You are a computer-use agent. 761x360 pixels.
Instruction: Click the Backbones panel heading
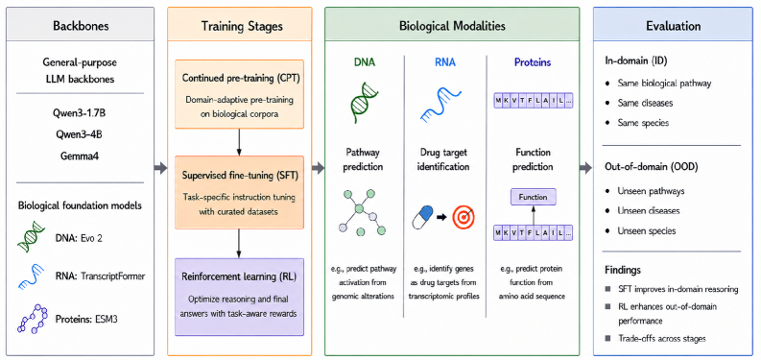click(x=80, y=25)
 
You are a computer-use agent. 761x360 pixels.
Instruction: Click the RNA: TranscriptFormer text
click(x=101, y=276)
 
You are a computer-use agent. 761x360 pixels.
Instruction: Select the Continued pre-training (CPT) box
click(x=239, y=94)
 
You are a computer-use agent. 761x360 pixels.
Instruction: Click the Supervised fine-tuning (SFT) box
click(x=239, y=192)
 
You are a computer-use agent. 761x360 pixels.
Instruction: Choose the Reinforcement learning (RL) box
click(x=239, y=297)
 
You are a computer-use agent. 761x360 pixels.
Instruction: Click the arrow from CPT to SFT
click(x=239, y=142)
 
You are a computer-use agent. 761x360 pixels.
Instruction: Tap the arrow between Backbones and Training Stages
click(x=160, y=169)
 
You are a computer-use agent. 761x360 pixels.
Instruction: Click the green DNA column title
click(x=365, y=62)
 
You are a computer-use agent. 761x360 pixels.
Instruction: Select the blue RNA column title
click(x=444, y=62)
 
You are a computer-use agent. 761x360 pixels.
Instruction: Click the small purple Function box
click(x=533, y=197)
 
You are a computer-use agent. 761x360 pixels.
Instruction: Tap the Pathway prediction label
click(x=365, y=159)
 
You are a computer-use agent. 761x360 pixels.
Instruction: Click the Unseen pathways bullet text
click(x=651, y=191)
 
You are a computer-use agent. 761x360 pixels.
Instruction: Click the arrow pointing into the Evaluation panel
click(x=586, y=169)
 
